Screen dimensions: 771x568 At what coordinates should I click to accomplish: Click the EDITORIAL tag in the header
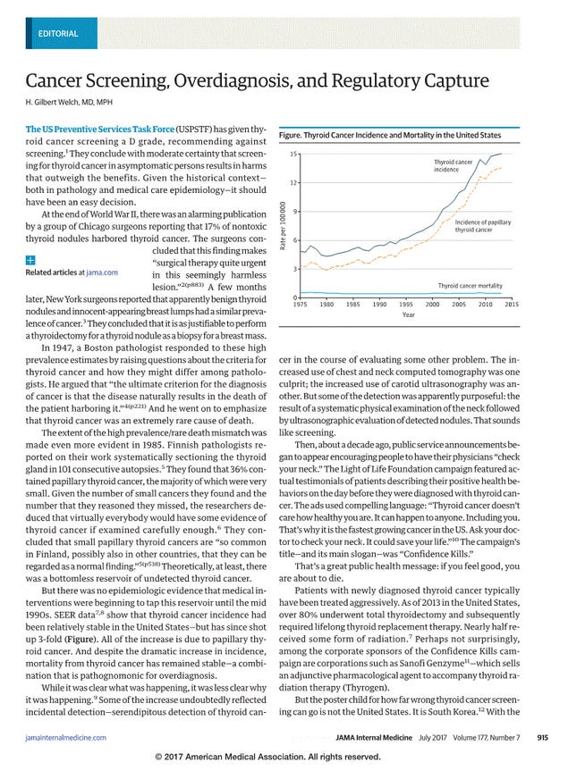[58, 34]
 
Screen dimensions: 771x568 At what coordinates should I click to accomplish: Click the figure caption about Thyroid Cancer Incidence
[390, 135]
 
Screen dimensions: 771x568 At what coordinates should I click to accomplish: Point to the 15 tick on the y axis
[293, 155]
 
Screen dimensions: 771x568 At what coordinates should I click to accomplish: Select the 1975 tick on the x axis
[301, 305]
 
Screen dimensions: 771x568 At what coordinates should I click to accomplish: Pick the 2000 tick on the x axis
[433, 305]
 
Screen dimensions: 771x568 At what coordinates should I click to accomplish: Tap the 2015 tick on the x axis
[511, 305]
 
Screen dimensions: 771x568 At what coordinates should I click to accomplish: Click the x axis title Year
[408, 314]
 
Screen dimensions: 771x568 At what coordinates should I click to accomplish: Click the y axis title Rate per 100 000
[283, 226]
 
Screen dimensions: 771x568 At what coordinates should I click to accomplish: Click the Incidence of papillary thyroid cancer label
[482, 225]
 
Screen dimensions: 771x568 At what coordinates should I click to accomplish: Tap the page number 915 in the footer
[541, 738]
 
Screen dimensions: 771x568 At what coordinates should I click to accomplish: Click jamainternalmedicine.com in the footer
[66, 738]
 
